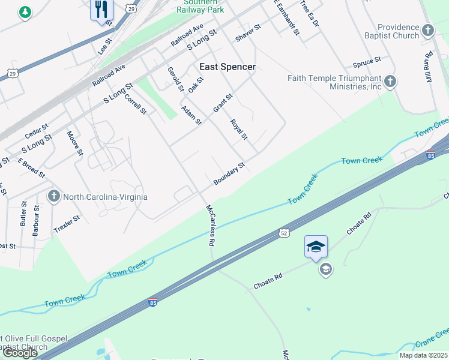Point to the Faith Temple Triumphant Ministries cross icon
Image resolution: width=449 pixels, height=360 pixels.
pos(390,81)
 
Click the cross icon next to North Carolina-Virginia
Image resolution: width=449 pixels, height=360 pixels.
pos(53,196)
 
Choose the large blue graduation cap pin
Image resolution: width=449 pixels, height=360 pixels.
pos(316,247)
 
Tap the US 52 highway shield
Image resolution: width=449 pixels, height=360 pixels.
pos(284,232)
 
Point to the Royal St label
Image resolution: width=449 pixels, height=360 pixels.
pos(239,129)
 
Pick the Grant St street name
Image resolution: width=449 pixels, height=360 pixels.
pos(223,103)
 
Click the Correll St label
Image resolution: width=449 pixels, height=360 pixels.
pos(136,103)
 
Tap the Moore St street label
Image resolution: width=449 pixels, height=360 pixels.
pos(74,143)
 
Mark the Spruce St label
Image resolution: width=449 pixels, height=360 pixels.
pos(367,62)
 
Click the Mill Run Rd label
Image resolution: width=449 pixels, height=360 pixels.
pos(429,68)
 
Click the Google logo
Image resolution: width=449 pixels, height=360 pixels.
pos(20,353)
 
